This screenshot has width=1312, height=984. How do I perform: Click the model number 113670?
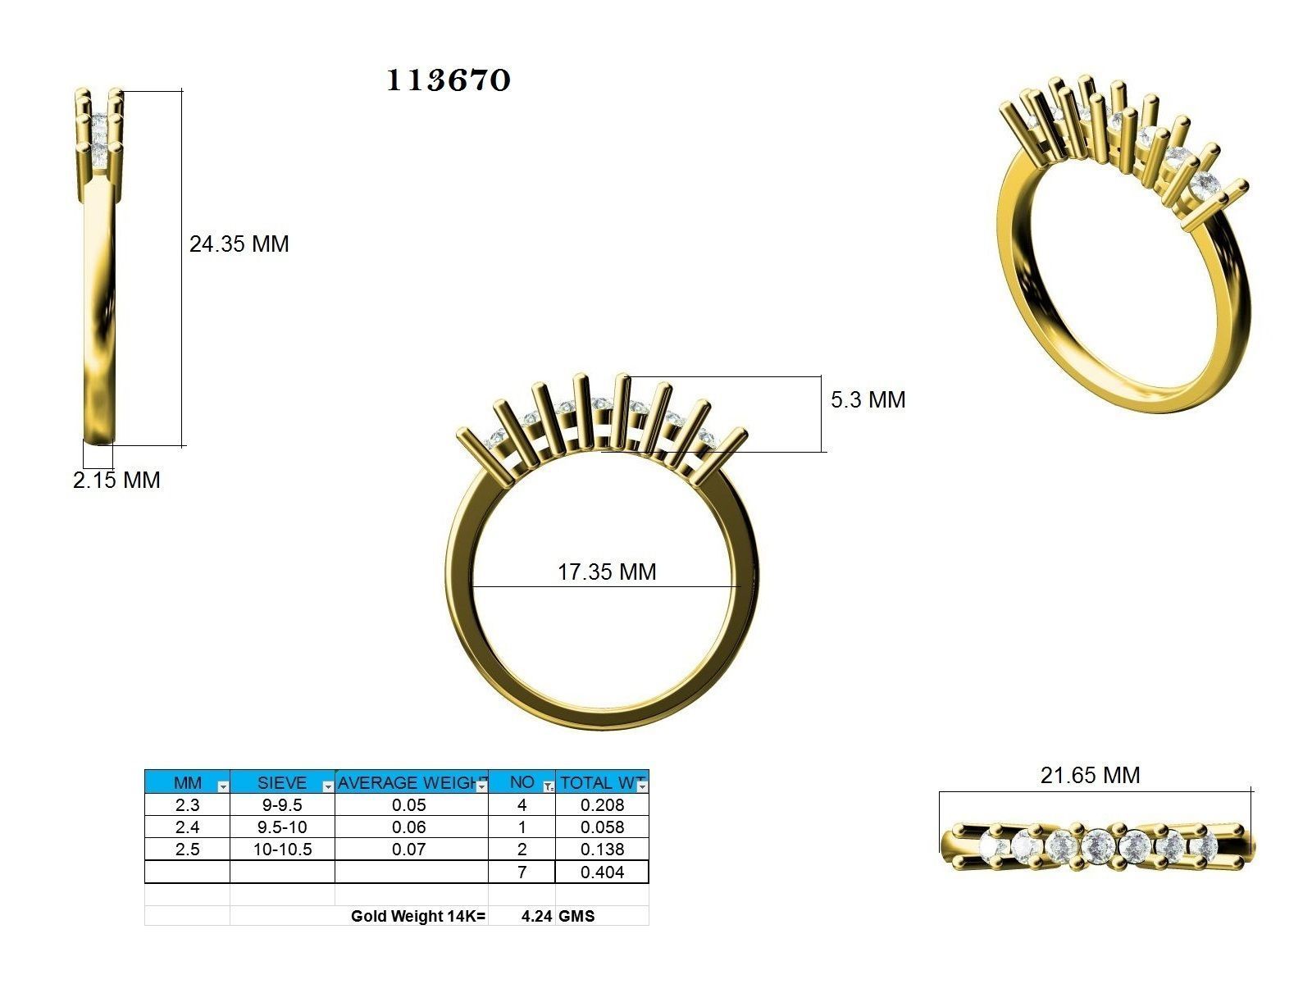coord(449,80)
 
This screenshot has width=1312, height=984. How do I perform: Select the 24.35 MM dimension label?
coord(239,244)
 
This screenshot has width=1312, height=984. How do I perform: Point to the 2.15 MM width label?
coord(116,480)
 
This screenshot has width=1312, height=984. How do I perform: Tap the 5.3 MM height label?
coord(868,399)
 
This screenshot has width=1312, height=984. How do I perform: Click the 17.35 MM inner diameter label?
coord(607,572)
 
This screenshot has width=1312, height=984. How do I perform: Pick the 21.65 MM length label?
coord(1090,775)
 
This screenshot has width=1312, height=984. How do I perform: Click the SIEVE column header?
coord(281,782)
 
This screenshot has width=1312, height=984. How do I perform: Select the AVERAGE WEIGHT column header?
coord(408,782)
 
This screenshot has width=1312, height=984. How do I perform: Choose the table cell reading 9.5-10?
coord(281,827)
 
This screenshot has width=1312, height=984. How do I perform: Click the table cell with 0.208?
coord(602,805)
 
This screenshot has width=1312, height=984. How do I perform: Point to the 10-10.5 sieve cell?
coord(281,850)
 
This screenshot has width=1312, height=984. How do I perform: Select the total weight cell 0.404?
coord(602,872)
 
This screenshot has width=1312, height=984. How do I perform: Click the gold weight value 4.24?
coord(536,916)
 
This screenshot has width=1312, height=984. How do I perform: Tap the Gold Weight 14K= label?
coord(418,916)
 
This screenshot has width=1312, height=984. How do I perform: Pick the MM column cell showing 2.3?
coord(187,805)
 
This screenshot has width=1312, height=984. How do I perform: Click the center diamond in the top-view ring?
coord(1096,845)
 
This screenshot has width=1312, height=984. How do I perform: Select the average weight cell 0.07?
coord(409,850)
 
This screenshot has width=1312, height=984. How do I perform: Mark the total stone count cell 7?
coord(522,872)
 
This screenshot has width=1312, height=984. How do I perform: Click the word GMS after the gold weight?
coord(576,916)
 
